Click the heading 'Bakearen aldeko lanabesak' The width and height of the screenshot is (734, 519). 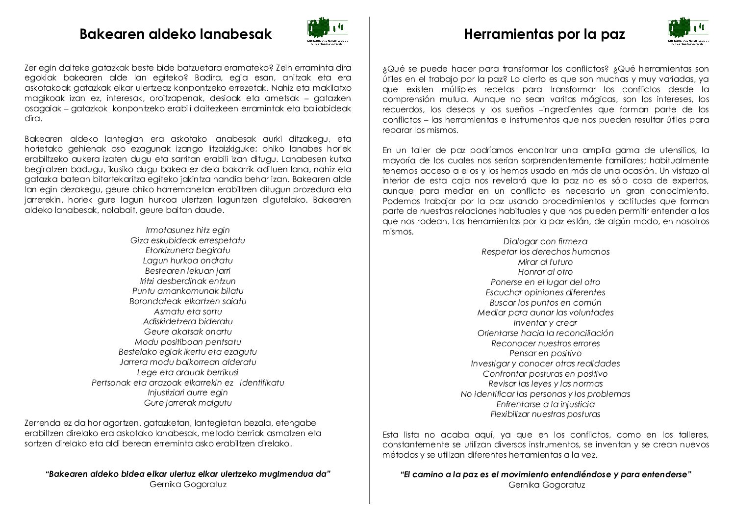[176, 34]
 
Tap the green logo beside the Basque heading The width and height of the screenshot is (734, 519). [328, 32]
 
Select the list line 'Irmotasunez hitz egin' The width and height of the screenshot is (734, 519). [188, 230]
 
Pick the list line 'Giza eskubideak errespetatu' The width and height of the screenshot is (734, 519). [188, 240]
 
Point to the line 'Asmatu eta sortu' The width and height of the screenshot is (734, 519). [188, 311]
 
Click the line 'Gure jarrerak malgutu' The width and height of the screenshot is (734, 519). [188, 403]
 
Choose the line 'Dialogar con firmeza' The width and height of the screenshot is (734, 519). [545, 241]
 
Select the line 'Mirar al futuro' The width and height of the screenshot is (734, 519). [545, 262]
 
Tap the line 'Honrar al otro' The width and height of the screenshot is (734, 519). [545, 272]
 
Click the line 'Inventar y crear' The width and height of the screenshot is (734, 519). [545, 323]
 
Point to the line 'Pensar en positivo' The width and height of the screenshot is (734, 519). [545, 353]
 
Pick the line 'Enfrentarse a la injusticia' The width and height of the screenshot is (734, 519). [545, 404]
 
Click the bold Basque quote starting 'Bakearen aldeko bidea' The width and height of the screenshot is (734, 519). [188, 474]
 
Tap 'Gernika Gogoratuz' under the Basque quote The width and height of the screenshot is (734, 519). [188, 484]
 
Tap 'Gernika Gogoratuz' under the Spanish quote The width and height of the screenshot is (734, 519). [547, 485]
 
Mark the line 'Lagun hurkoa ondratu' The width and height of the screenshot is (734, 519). [188, 260]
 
